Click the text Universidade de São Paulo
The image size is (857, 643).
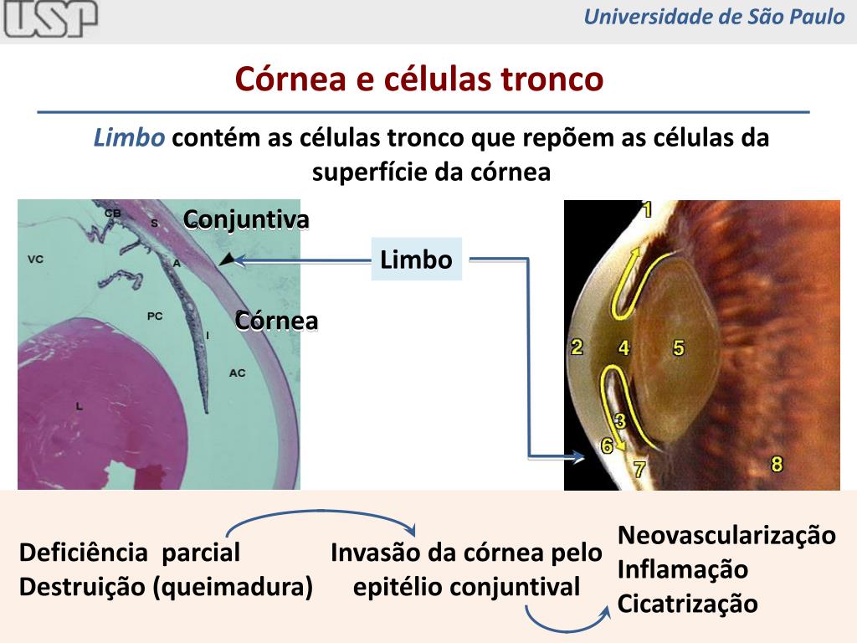pyautogui.click(x=714, y=17)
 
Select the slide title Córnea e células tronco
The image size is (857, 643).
pyautogui.click(x=418, y=80)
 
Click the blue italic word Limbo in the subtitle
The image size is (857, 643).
pyautogui.click(x=129, y=138)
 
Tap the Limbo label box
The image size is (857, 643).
pyautogui.click(x=416, y=260)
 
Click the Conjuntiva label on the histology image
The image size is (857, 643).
pyautogui.click(x=246, y=219)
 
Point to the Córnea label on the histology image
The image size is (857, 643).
pyautogui.click(x=276, y=321)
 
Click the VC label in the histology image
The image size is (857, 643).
pyautogui.click(x=35, y=260)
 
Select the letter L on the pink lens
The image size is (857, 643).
pyautogui.click(x=79, y=405)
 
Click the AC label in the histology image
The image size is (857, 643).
pyautogui.click(x=238, y=373)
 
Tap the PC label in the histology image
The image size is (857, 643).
pyautogui.click(x=155, y=316)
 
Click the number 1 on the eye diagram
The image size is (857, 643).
pyautogui.click(x=646, y=210)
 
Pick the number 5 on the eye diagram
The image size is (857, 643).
pyautogui.click(x=678, y=347)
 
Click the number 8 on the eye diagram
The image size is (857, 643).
pyautogui.click(x=777, y=463)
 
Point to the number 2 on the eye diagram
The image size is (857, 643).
pyautogui.click(x=577, y=347)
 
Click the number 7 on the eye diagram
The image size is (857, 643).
pyautogui.click(x=639, y=470)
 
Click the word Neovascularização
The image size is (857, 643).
pyautogui.click(x=726, y=536)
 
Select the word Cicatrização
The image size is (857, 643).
pyautogui.click(x=687, y=604)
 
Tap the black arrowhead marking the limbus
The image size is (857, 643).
pyautogui.click(x=225, y=260)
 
